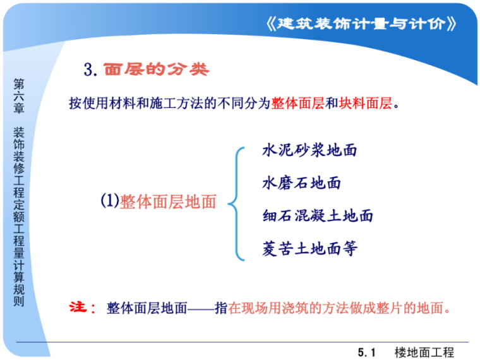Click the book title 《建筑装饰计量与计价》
click(x=361, y=23)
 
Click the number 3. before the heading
click(x=90, y=69)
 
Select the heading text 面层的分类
click(x=156, y=69)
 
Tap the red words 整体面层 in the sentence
click(x=297, y=103)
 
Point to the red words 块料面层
click(x=365, y=103)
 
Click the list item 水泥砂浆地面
click(x=309, y=150)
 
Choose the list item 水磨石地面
click(x=301, y=183)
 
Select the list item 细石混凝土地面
click(x=318, y=215)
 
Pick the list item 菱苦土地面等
click(x=309, y=248)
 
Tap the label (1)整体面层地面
click(x=159, y=201)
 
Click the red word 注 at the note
click(x=78, y=307)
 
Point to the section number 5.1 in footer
click(x=366, y=352)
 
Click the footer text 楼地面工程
click(x=424, y=352)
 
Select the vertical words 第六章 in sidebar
click(x=19, y=96)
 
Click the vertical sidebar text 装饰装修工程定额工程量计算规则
click(x=19, y=217)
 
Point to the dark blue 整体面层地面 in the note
click(x=147, y=308)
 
